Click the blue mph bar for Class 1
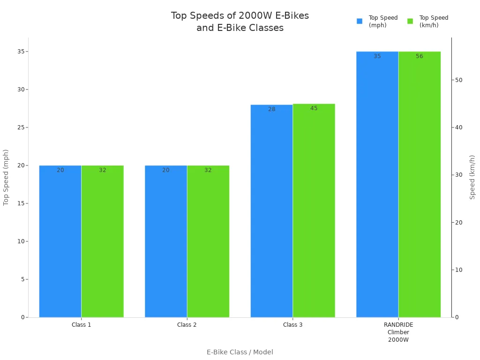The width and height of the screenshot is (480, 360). click(60, 241)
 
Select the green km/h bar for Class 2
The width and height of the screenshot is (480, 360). click(208, 241)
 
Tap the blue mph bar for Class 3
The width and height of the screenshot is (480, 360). click(271, 211)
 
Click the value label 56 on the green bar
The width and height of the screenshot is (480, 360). click(420, 56)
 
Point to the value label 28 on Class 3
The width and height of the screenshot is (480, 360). click(272, 109)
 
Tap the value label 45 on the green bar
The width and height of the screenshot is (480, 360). click(314, 108)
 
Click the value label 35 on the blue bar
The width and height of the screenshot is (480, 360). click(377, 56)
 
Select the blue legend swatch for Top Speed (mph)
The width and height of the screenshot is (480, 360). click(360, 21)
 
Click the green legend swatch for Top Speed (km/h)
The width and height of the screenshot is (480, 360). click(410, 21)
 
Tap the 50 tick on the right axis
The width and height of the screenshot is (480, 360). click(458, 80)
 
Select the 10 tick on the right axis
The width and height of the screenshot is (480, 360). click(458, 270)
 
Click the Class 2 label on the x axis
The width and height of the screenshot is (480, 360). click(187, 325)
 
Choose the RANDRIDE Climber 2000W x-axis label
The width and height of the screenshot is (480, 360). click(398, 332)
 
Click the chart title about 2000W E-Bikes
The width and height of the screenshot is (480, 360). click(240, 22)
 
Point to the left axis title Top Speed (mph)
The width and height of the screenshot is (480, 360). click(6, 177)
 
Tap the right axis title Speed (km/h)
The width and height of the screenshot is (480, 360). click(472, 177)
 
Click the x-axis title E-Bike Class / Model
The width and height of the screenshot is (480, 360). click(240, 352)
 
